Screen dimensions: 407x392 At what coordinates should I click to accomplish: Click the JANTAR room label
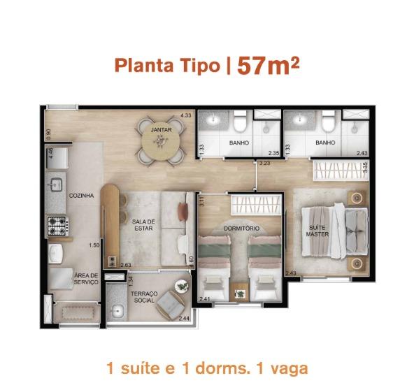161,129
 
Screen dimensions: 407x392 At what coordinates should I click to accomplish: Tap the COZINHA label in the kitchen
81,196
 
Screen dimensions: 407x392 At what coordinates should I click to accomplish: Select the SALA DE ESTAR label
143,225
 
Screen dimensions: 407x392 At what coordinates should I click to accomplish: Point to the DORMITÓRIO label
241,228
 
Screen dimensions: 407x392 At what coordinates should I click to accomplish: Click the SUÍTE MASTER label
317,231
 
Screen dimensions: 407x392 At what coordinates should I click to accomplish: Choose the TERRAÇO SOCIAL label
144,297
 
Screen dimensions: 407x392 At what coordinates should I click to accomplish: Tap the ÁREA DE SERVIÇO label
86,279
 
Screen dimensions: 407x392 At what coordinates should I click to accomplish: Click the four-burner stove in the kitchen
58,226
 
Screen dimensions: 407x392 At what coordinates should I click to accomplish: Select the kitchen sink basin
56,184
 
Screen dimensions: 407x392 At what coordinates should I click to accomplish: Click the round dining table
161,141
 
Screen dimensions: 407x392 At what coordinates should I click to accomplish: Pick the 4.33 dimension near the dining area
186,115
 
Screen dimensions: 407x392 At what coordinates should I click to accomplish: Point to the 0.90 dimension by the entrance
48,134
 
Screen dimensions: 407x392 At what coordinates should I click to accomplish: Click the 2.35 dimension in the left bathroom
273,153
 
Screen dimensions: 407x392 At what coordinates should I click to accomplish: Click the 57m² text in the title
268,66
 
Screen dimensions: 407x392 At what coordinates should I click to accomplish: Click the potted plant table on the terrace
182,286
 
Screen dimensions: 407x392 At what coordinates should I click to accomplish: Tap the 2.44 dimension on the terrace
184,319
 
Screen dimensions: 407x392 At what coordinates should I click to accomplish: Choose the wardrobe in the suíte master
341,170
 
